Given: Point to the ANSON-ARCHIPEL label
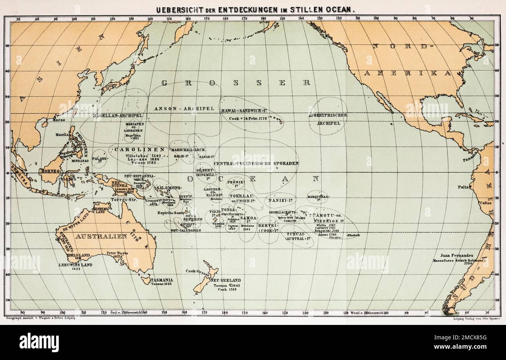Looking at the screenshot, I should click(x=184, y=108).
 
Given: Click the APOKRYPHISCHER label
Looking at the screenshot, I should click(x=328, y=115).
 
